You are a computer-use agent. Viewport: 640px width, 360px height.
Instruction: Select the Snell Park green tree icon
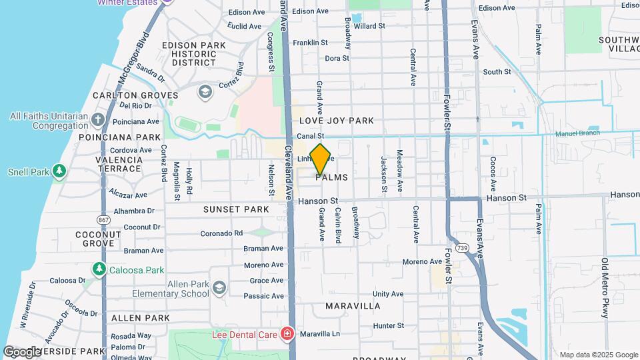[60, 171]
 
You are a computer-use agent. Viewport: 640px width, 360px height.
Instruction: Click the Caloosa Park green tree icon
[99, 269]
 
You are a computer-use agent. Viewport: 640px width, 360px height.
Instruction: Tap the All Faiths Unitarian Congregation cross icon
[98, 121]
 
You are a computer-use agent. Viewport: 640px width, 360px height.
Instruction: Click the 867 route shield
[103, 219]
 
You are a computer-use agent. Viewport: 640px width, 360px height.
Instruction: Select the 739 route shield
[461, 248]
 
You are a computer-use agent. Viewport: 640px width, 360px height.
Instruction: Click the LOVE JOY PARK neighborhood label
[336, 121]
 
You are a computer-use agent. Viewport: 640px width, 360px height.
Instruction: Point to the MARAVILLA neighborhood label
[353, 306]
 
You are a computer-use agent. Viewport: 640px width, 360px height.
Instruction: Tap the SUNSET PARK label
[237, 209]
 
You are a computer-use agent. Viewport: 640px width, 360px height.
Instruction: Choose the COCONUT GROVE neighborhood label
[98, 239]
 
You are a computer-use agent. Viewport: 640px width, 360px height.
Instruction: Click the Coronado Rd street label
[222, 233]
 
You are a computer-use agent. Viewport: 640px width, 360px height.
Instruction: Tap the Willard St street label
[370, 26]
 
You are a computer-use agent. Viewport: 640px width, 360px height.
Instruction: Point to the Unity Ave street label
[388, 294]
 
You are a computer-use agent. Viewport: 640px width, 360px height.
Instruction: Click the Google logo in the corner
[21, 351]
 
